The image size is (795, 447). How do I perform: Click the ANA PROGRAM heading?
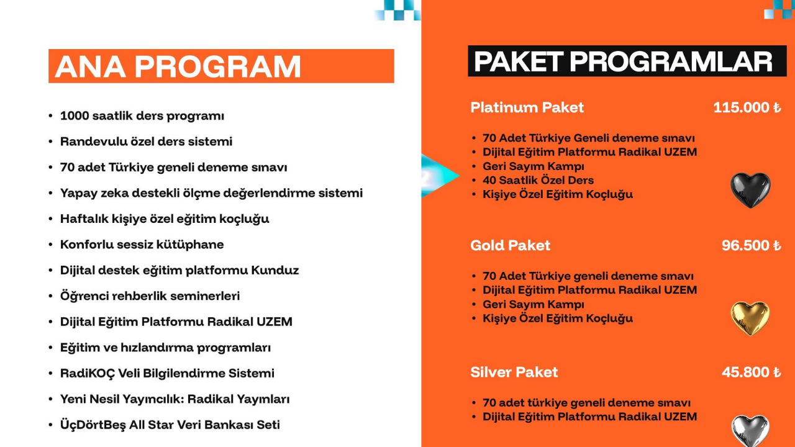click(178, 66)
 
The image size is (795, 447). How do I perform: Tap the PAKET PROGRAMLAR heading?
click(623, 61)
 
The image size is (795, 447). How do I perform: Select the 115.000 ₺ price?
click(747, 107)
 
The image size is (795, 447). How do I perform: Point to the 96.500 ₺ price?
click(752, 245)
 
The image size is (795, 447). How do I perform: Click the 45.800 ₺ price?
click(752, 372)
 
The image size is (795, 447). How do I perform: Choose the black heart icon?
click(750, 190)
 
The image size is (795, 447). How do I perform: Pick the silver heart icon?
click(750, 431)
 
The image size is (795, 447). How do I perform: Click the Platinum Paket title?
click(527, 107)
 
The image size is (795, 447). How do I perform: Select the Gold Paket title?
click(511, 245)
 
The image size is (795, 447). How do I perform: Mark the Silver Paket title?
click(514, 372)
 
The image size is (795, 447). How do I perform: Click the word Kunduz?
click(275, 270)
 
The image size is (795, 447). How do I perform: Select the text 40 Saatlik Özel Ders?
click(538, 180)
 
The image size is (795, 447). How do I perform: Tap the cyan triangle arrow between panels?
click(440, 176)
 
